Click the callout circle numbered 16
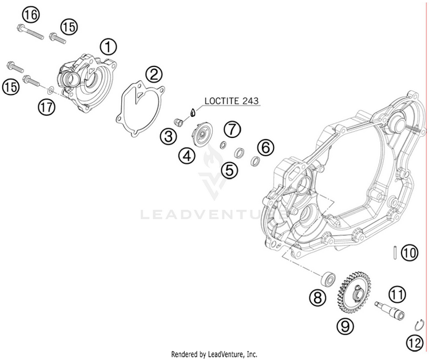pos(31,14)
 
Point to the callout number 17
pos(47,106)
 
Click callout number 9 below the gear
pos(344,326)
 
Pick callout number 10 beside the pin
pos(408,252)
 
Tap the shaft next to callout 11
pos(388,310)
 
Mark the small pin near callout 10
pos(395,251)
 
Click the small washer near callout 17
pos(51,89)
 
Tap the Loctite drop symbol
pos(193,113)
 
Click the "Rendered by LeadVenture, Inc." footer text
pos(214,354)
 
